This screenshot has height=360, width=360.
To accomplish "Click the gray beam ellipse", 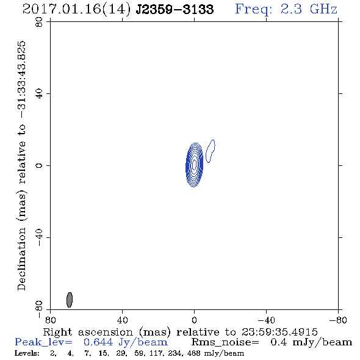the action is point(70,300).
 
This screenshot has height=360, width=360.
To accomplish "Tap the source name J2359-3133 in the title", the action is point(175,10).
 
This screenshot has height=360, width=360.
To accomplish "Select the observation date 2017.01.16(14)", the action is point(76,10).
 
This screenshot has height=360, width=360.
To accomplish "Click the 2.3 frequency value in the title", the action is point(291,9).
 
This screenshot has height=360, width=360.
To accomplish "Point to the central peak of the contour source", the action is point(194,165).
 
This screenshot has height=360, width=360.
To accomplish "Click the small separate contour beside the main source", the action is point(211,151).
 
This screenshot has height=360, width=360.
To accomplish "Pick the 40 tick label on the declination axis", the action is point(39,94).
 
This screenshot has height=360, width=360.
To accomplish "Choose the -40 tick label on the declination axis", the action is point(39,237).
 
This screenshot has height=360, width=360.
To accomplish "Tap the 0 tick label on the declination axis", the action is point(39,165).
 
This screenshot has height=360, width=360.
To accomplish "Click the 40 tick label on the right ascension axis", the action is point(123,320).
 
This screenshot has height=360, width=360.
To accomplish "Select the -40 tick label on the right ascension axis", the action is point(266,320).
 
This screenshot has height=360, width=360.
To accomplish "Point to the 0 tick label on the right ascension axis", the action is point(194,320).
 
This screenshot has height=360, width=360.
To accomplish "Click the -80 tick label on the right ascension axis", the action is point(338,320).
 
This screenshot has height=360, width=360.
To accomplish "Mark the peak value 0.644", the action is point(98,342).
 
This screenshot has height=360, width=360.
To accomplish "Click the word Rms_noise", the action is point(225,342).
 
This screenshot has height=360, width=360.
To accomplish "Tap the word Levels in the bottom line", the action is point(27,353).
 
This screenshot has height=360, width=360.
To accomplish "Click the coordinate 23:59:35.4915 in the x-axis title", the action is point(279,332).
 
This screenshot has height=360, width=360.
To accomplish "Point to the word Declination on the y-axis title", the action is point(21,259).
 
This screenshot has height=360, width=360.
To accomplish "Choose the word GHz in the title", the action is point(323,9).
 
